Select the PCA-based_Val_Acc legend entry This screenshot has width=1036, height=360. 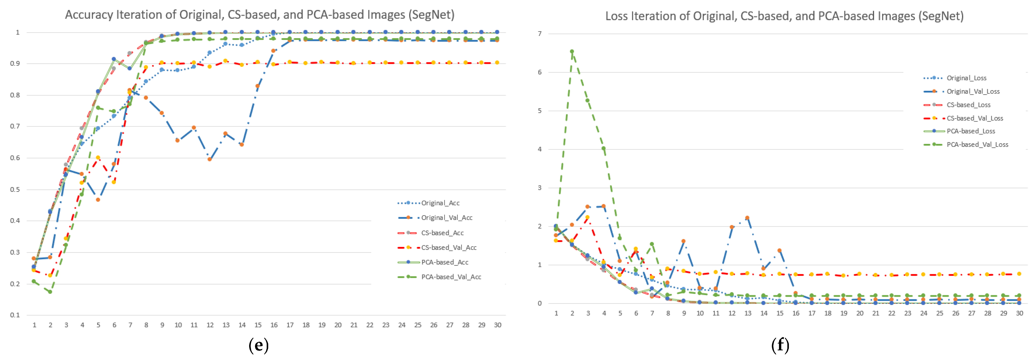tap(451, 277)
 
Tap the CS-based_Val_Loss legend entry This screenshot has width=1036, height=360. tap(974, 118)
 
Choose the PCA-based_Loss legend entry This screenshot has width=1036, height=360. tap(970, 131)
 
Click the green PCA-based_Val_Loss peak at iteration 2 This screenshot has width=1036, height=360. tap(572, 52)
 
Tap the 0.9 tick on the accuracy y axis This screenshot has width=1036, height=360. tap(15, 64)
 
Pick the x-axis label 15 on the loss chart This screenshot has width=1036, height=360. tap(779, 313)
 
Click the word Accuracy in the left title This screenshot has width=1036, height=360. tap(89, 15)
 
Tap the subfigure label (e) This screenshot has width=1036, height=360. tap(258, 345)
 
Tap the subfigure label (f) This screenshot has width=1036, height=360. tap(780, 345)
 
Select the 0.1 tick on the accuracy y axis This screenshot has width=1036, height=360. tap(15, 315)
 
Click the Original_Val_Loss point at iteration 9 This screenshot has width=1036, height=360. tap(683, 241)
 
